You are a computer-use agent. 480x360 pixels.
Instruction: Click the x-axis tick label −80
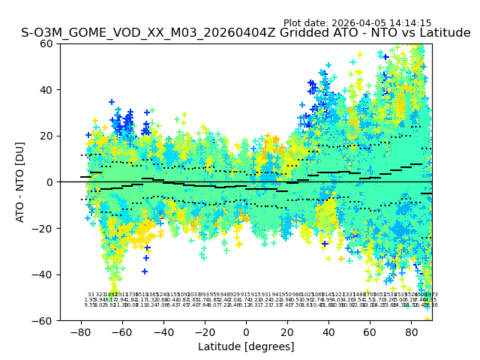click(x=80, y=331)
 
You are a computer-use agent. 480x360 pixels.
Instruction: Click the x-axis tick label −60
click(x=121, y=331)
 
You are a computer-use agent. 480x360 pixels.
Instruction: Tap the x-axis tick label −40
click(x=163, y=331)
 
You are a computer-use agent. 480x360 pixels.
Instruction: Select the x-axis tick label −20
click(x=204, y=331)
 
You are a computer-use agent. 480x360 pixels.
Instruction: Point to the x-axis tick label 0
click(x=246, y=331)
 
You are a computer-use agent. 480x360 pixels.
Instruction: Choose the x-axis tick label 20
click(x=287, y=331)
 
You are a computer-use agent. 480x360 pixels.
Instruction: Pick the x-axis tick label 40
click(x=328, y=331)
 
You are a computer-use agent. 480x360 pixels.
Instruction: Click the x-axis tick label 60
click(x=370, y=331)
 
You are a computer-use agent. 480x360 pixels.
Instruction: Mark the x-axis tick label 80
click(x=411, y=331)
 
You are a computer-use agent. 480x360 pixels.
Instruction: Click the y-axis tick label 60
click(x=47, y=43)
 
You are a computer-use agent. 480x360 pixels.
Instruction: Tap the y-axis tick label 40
click(x=47, y=90)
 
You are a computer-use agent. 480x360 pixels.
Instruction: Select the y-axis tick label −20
click(x=44, y=228)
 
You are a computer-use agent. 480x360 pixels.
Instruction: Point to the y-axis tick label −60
click(x=44, y=320)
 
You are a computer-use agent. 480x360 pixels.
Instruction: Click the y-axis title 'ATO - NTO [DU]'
click(x=20, y=182)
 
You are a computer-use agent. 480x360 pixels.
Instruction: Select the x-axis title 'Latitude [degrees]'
click(x=246, y=346)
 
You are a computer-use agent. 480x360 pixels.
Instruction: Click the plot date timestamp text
click(x=357, y=23)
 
